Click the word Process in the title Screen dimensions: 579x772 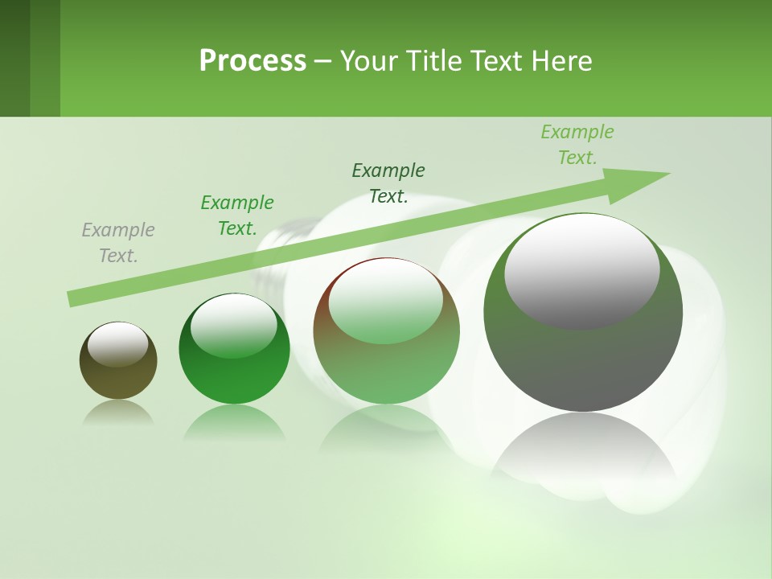[x=253, y=61]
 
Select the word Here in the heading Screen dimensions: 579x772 [x=562, y=61]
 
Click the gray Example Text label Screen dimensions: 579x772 [x=118, y=243]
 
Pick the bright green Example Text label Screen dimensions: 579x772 [x=237, y=216]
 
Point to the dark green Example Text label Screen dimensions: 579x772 [x=388, y=183]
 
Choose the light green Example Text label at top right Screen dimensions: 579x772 [x=577, y=145]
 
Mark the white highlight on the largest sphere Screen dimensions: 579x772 [x=581, y=272]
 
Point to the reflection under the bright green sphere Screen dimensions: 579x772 [x=234, y=423]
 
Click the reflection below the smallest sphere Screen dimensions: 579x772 [x=118, y=412]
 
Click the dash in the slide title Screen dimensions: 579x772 [x=322, y=62]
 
